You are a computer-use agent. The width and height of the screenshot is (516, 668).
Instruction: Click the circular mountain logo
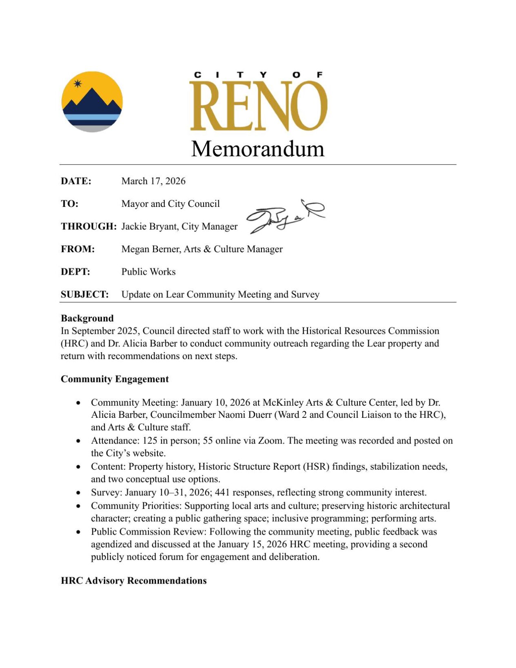(x=92, y=102)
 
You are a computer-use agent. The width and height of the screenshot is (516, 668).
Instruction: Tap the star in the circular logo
(x=78, y=84)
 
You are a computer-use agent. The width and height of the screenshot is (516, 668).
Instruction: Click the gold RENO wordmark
(x=258, y=106)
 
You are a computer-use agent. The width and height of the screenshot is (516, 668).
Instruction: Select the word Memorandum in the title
(x=258, y=149)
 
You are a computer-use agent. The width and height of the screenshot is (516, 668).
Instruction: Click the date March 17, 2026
(x=153, y=181)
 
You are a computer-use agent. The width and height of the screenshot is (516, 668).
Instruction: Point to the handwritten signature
(x=286, y=216)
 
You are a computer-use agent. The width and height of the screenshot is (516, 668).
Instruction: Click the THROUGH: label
(x=89, y=226)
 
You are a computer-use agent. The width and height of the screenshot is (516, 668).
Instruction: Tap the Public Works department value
(x=148, y=272)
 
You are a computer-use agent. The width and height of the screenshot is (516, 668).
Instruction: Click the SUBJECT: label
(x=85, y=295)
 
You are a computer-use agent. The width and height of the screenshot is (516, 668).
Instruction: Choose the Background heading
(x=87, y=318)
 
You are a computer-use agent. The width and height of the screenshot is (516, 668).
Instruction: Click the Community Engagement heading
(x=115, y=379)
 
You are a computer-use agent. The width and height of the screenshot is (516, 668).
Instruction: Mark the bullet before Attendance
(x=78, y=441)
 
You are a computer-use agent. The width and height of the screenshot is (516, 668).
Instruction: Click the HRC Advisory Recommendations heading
(x=134, y=581)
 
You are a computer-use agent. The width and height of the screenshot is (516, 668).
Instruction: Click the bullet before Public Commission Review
(x=78, y=532)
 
